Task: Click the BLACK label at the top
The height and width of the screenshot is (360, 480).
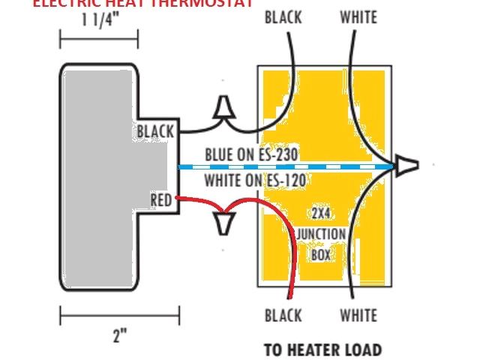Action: point(283,16)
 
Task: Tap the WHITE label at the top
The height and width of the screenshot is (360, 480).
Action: point(358,16)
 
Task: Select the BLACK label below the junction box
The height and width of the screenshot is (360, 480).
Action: point(283,315)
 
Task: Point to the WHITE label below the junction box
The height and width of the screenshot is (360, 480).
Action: point(358,315)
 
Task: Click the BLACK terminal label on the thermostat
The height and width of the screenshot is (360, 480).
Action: point(155,132)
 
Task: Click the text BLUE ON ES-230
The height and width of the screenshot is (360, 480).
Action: point(252,154)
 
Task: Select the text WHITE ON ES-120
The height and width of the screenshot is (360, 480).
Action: point(255,180)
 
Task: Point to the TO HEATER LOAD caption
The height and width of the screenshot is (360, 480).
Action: point(322,349)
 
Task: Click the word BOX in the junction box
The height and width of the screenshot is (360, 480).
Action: point(320,253)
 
